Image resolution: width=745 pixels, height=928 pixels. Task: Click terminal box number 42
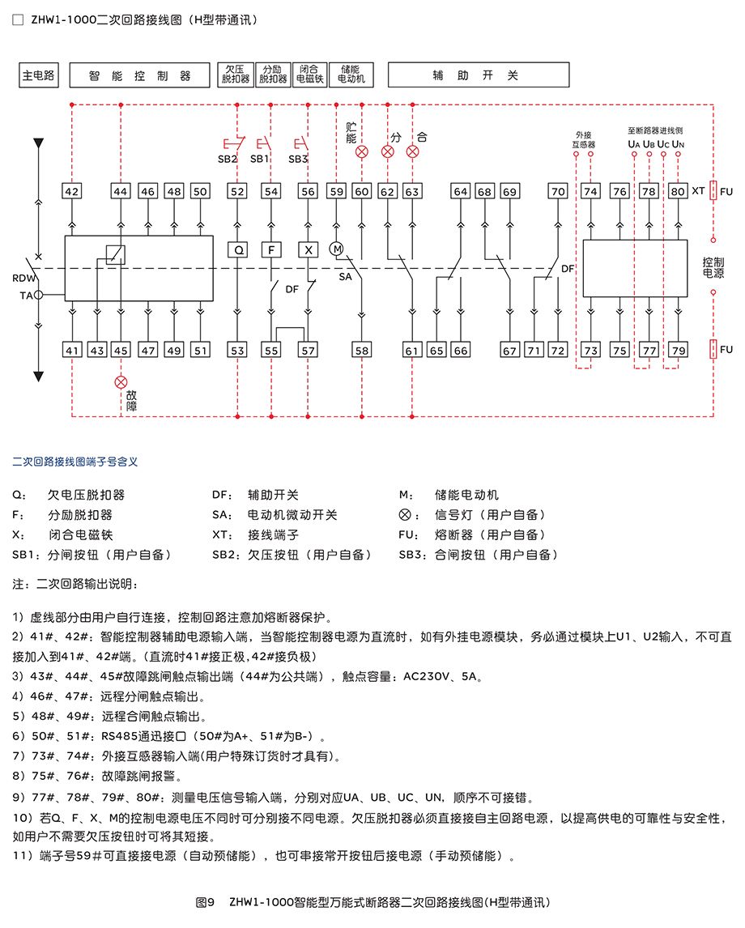pos(71,191)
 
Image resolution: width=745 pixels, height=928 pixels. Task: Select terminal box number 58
pos(361,350)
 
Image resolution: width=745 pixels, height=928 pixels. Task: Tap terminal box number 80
pos(678,191)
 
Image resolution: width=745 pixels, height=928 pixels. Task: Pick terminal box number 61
pos(412,350)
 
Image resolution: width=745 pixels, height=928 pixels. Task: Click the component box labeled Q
pos(238,249)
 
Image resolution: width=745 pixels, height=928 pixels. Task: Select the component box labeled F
pos(271,249)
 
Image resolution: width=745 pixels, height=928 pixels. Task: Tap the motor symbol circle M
pos(337,249)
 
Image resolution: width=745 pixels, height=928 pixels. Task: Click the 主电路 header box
pos(38,75)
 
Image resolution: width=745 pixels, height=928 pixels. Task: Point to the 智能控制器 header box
pos(139,75)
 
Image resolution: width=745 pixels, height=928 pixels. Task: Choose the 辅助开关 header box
pos(478,75)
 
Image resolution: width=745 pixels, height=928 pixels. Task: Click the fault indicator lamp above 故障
pos(121,382)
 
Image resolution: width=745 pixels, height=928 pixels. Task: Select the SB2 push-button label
pos(228,160)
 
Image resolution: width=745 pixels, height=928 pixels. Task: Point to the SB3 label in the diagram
pos(298,160)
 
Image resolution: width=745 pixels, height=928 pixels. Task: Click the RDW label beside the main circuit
pos(24,279)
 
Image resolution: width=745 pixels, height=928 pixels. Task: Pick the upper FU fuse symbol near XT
pos(713,190)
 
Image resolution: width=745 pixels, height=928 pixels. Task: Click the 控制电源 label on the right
pos(713,267)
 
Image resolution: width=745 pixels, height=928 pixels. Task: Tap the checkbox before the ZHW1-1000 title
pos(19,20)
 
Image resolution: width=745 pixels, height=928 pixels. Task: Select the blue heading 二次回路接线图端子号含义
pos(75,462)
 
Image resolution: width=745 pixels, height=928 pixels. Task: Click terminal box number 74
pos(590,191)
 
